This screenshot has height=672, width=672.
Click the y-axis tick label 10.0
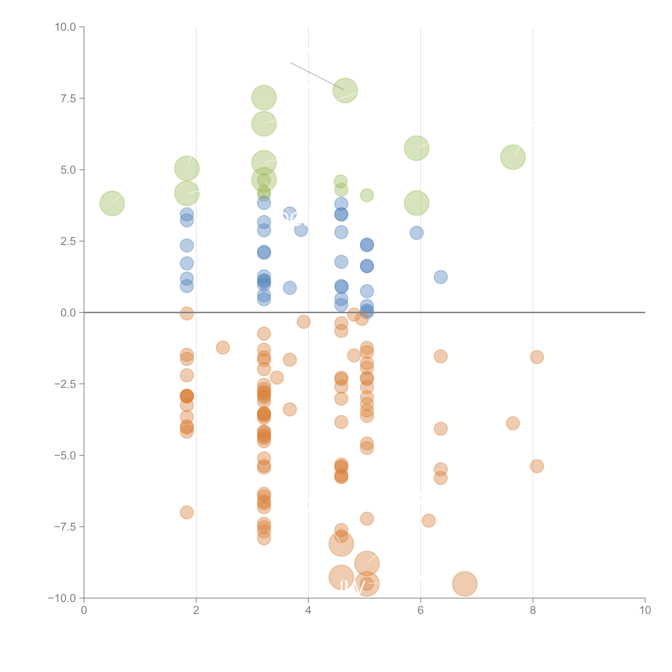65,27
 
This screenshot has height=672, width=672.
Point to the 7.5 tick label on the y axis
68,98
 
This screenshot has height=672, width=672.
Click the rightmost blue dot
441,277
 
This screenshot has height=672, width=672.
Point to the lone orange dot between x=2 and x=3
223,347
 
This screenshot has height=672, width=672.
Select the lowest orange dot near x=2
187,512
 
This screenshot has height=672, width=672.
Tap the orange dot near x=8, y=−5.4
537,466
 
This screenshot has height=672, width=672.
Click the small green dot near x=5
367,195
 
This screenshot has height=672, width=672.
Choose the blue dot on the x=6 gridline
416,233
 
